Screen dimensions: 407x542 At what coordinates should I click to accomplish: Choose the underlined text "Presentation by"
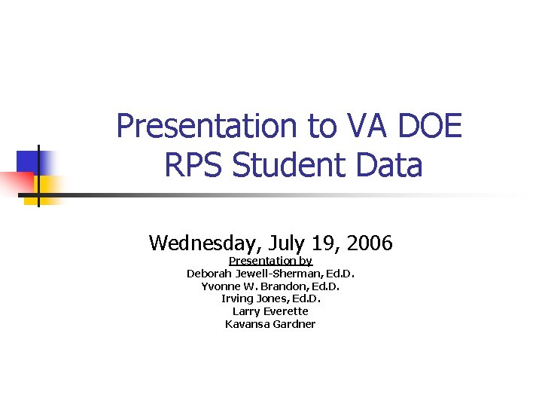tap(270, 262)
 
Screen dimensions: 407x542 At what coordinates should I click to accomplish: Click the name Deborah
tap(209, 274)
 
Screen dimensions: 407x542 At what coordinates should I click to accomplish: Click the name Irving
tap(237, 298)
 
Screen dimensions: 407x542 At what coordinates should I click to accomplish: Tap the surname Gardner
tap(295, 324)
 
